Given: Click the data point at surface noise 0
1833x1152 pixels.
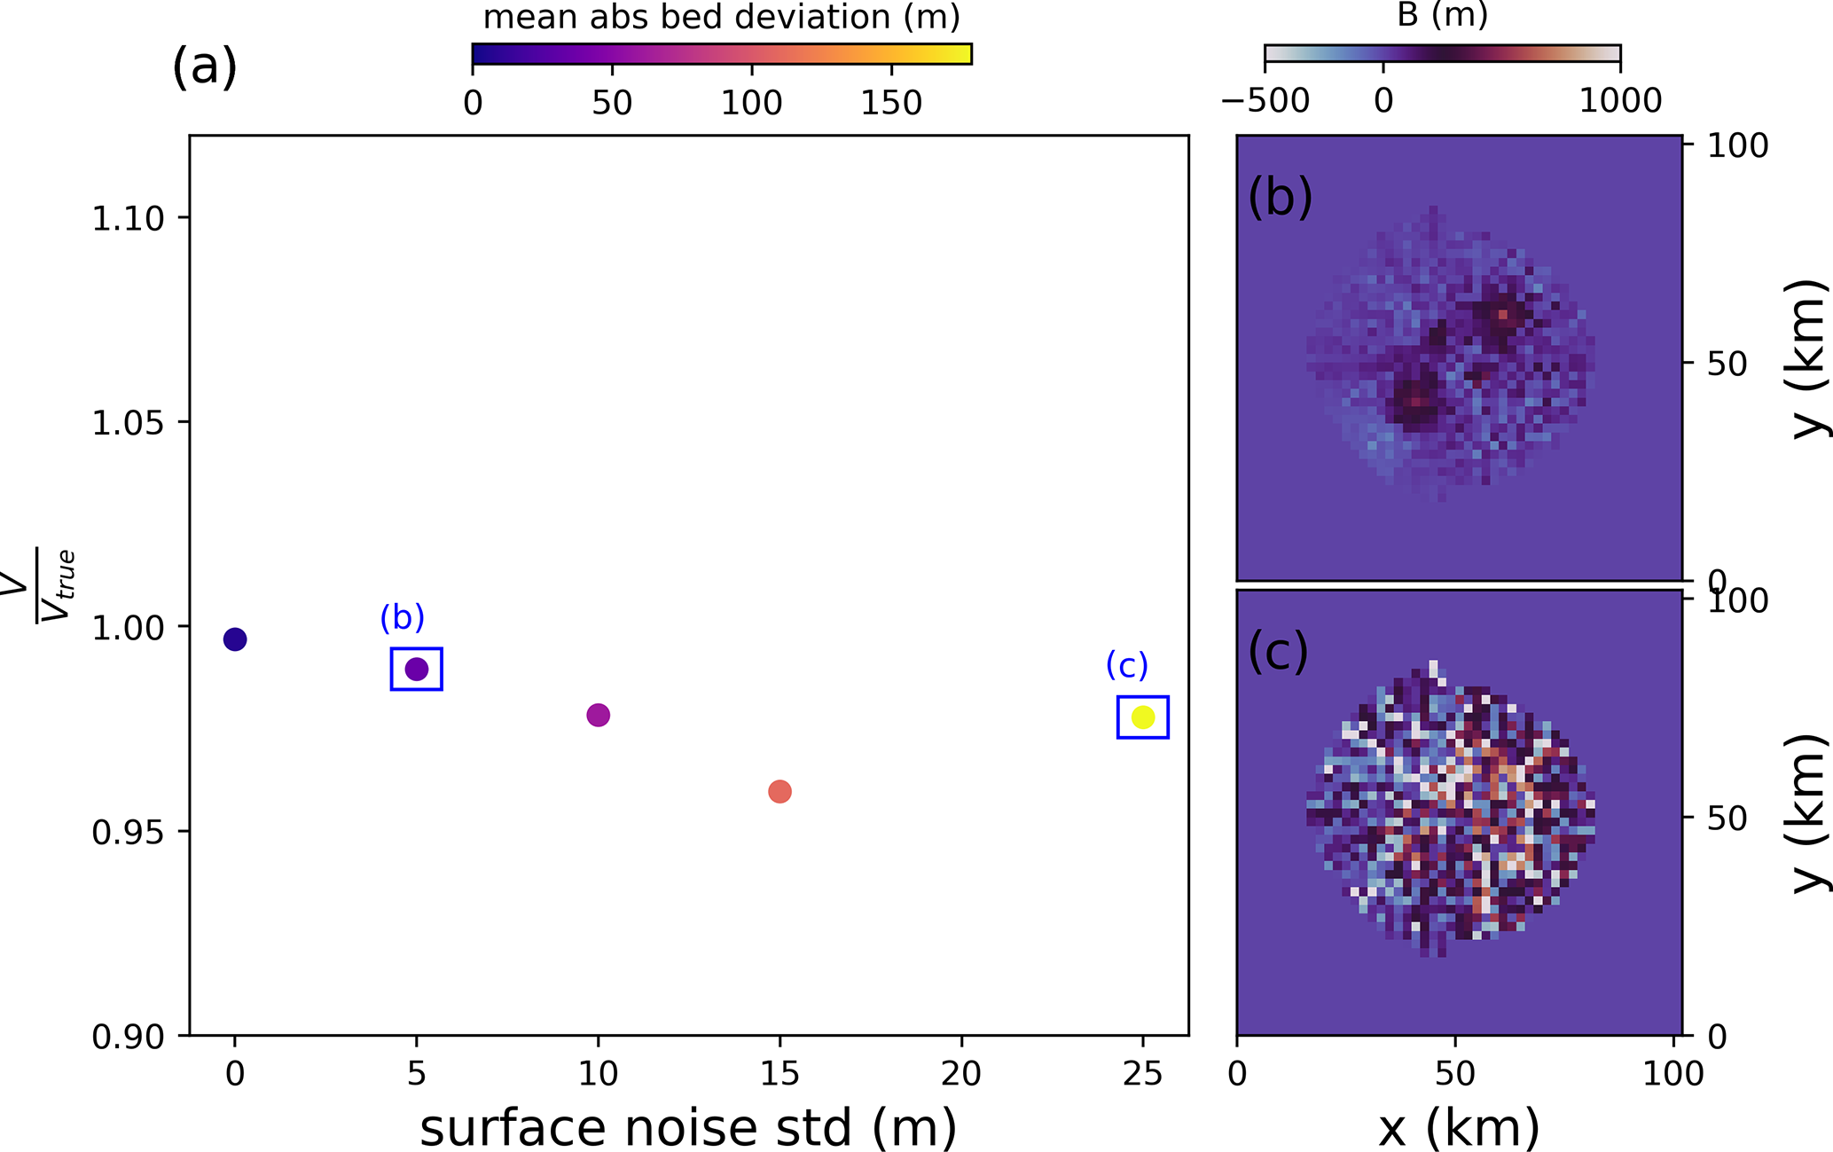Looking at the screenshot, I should coord(235,639).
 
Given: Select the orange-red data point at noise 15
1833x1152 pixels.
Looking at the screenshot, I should coord(779,791).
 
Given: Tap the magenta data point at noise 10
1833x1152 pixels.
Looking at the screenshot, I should coord(599,715).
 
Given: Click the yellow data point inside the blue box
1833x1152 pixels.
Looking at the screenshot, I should coord(1143,717).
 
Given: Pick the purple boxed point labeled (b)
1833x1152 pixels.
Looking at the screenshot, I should coord(417,670).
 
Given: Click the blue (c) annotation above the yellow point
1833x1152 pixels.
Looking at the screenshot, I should coord(1127,664).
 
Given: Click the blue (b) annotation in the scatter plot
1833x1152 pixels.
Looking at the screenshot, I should coord(403,617).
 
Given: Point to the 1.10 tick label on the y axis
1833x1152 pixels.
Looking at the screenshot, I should coord(128,218).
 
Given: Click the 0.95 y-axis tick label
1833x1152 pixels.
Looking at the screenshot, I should coord(128,832).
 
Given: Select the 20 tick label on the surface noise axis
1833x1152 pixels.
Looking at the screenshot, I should coord(961,1074).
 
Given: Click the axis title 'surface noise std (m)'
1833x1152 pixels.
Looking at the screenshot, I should coord(688,1127).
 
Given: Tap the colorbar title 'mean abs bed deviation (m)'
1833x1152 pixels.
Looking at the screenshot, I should coord(721,18).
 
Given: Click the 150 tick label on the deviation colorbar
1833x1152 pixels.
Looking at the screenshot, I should coord(891,104).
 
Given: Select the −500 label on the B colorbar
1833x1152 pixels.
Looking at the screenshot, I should coord(1265,101).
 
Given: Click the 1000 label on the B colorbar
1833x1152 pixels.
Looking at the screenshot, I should coord(1620,101).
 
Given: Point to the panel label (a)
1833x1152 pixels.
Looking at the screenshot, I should coord(205,67).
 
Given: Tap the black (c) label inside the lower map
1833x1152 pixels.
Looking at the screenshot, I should coord(1278,652).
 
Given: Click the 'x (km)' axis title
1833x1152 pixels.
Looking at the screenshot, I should coord(1459,1128).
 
